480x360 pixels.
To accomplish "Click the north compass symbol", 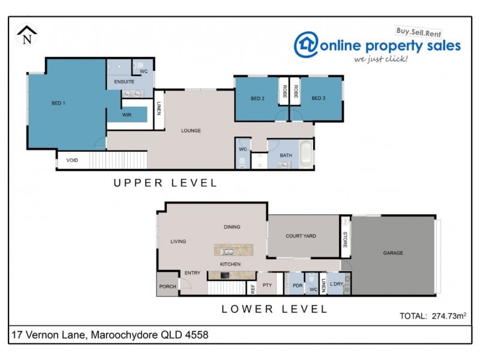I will tap(26, 35).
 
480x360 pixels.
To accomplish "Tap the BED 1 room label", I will tap(58, 103).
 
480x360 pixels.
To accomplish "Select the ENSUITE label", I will tap(120, 81).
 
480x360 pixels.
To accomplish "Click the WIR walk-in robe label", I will tap(127, 114).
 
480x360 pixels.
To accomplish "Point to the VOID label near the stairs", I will tap(72, 160).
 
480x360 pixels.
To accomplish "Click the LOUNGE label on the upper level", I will tap(191, 130).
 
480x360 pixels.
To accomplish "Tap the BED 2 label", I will tap(258, 98).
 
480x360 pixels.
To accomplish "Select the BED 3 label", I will tap(319, 98).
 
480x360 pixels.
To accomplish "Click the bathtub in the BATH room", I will tap(305, 154).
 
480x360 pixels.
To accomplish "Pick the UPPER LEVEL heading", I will tap(166, 184).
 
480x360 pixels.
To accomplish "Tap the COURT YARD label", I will tap(301, 236).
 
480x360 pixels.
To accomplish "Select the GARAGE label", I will tap(393, 253).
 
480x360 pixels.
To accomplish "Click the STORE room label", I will tap(345, 238).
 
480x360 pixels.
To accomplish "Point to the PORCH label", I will tap(167, 286).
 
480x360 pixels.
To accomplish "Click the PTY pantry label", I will tap(268, 286).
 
